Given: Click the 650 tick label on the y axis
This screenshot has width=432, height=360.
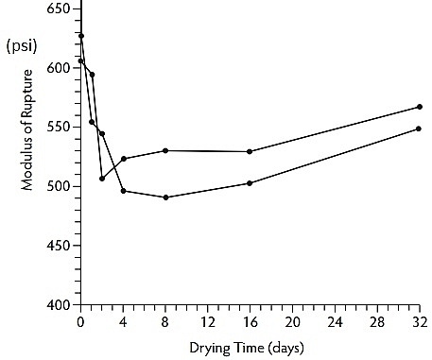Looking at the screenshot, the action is point(58,9).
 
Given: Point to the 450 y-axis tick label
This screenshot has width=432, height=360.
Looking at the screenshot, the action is point(58,246).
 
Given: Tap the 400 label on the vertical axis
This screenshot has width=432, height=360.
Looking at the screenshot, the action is point(58,304).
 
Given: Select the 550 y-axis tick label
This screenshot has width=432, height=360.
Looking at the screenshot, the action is point(58,127).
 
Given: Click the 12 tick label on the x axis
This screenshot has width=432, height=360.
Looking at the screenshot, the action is point(208,322).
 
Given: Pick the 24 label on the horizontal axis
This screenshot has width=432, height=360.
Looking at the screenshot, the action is point(335,322).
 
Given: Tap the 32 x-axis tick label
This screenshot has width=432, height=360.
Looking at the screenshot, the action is point(420,322).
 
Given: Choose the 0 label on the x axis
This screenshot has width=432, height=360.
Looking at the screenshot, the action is point(80,322).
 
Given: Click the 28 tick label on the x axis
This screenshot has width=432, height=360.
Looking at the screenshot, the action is point(377,322).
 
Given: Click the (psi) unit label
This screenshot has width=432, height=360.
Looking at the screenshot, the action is point(22,46).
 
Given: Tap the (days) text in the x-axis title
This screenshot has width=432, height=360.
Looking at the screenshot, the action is point(286,349).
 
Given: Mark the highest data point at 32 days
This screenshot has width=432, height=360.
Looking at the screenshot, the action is point(420,107).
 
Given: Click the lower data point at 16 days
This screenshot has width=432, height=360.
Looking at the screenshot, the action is point(250,183).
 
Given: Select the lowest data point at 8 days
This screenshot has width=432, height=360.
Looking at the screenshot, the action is point(165,197).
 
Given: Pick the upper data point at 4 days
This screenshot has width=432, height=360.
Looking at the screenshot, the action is point(124,159).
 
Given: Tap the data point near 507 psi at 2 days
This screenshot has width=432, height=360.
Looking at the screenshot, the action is point(102,179).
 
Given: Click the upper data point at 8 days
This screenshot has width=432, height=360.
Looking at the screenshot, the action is point(165,150).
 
